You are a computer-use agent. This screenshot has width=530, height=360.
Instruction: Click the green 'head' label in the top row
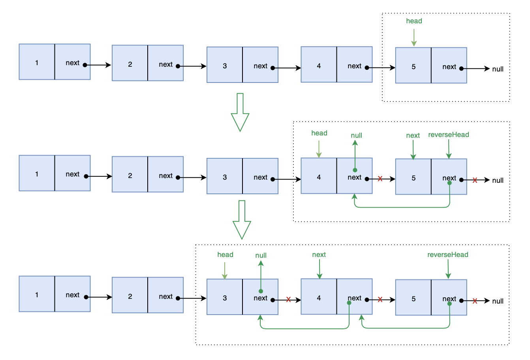(x=414, y=21)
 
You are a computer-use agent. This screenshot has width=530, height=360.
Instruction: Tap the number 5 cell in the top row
(x=413, y=65)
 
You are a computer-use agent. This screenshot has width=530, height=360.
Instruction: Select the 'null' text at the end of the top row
(x=498, y=69)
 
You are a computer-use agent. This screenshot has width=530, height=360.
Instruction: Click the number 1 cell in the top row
(x=37, y=62)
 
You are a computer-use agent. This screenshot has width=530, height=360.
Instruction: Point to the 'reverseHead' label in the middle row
(x=449, y=135)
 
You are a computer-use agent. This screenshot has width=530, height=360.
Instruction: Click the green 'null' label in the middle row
(x=356, y=135)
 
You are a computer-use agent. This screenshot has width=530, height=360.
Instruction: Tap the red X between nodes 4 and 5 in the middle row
(x=380, y=178)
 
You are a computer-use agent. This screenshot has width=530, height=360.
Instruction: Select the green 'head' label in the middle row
(x=319, y=133)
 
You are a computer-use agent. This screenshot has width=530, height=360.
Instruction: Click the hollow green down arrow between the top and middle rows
(x=240, y=112)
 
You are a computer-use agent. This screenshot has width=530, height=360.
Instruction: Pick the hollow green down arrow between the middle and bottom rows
(x=242, y=220)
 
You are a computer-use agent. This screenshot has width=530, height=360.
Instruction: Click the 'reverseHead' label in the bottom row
(x=448, y=255)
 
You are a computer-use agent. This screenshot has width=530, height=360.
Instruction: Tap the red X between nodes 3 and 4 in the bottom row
(x=288, y=300)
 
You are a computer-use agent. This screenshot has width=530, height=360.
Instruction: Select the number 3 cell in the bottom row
(x=225, y=297)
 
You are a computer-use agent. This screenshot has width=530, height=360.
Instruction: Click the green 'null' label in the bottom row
(x=261, y=255)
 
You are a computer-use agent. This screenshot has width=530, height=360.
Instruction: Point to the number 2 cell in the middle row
(x=130, y=174)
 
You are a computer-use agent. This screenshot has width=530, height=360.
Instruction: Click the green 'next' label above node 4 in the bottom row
(x=319, y=255)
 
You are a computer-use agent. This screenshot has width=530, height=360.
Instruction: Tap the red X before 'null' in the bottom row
(x=475, y=301)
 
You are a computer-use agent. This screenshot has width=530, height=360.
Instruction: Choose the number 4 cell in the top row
(x=319, y=64)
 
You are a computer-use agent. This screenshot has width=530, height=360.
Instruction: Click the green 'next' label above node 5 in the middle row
(x=413, y=135)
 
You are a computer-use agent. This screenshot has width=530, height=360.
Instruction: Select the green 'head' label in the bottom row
(x=225, y=255)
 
